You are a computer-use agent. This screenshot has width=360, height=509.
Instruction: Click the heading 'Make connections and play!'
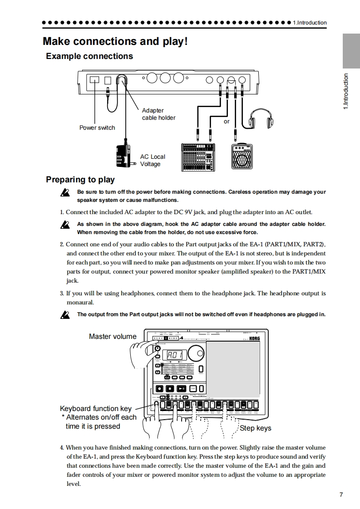click(x=115, y=41)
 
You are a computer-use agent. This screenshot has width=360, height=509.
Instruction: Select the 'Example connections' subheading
click(x=89, y=56)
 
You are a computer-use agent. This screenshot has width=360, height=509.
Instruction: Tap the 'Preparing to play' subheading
click(x=80, y=180)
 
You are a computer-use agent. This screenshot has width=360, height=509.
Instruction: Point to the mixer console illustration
click(x=197, y=156)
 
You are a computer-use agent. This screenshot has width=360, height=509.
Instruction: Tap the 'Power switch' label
click(x=97, y=127)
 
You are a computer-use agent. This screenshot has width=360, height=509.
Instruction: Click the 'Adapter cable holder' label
click(x=158, y=114)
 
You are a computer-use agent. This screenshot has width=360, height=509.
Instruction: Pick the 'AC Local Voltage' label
click(x=153, y=160)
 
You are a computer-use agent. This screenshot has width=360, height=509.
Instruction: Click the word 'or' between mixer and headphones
click(x=227, y=122)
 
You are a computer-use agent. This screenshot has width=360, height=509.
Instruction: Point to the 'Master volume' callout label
click(x=113, y=336)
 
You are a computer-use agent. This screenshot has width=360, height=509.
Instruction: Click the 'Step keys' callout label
click(x=255, y=428)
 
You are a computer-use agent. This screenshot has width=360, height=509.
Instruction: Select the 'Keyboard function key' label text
click(x=96, y=408)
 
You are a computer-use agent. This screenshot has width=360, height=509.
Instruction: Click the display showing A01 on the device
click(x=175, y=356)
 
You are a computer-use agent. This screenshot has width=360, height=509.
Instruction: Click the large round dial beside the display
click(x=196, y=353)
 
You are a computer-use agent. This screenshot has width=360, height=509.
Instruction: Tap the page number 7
click(x=341, y=494)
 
